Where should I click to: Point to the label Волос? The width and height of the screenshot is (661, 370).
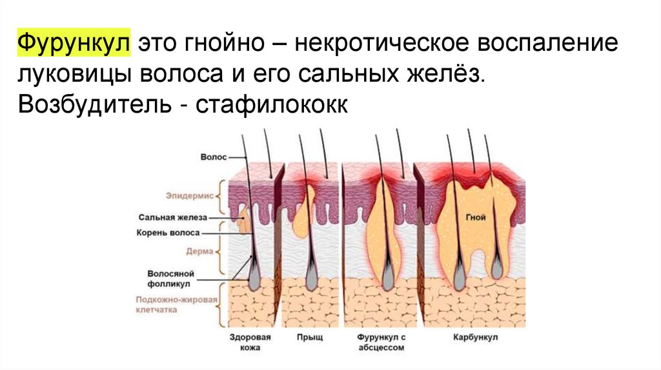tap(212, 157)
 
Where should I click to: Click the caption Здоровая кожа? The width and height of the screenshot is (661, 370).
tap(249, 342)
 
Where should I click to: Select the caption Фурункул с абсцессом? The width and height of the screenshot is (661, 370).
tap(380, 342)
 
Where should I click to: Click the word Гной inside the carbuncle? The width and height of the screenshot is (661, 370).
tap(476, 218)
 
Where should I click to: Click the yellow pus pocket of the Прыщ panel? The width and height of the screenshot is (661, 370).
tap(303, 213)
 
